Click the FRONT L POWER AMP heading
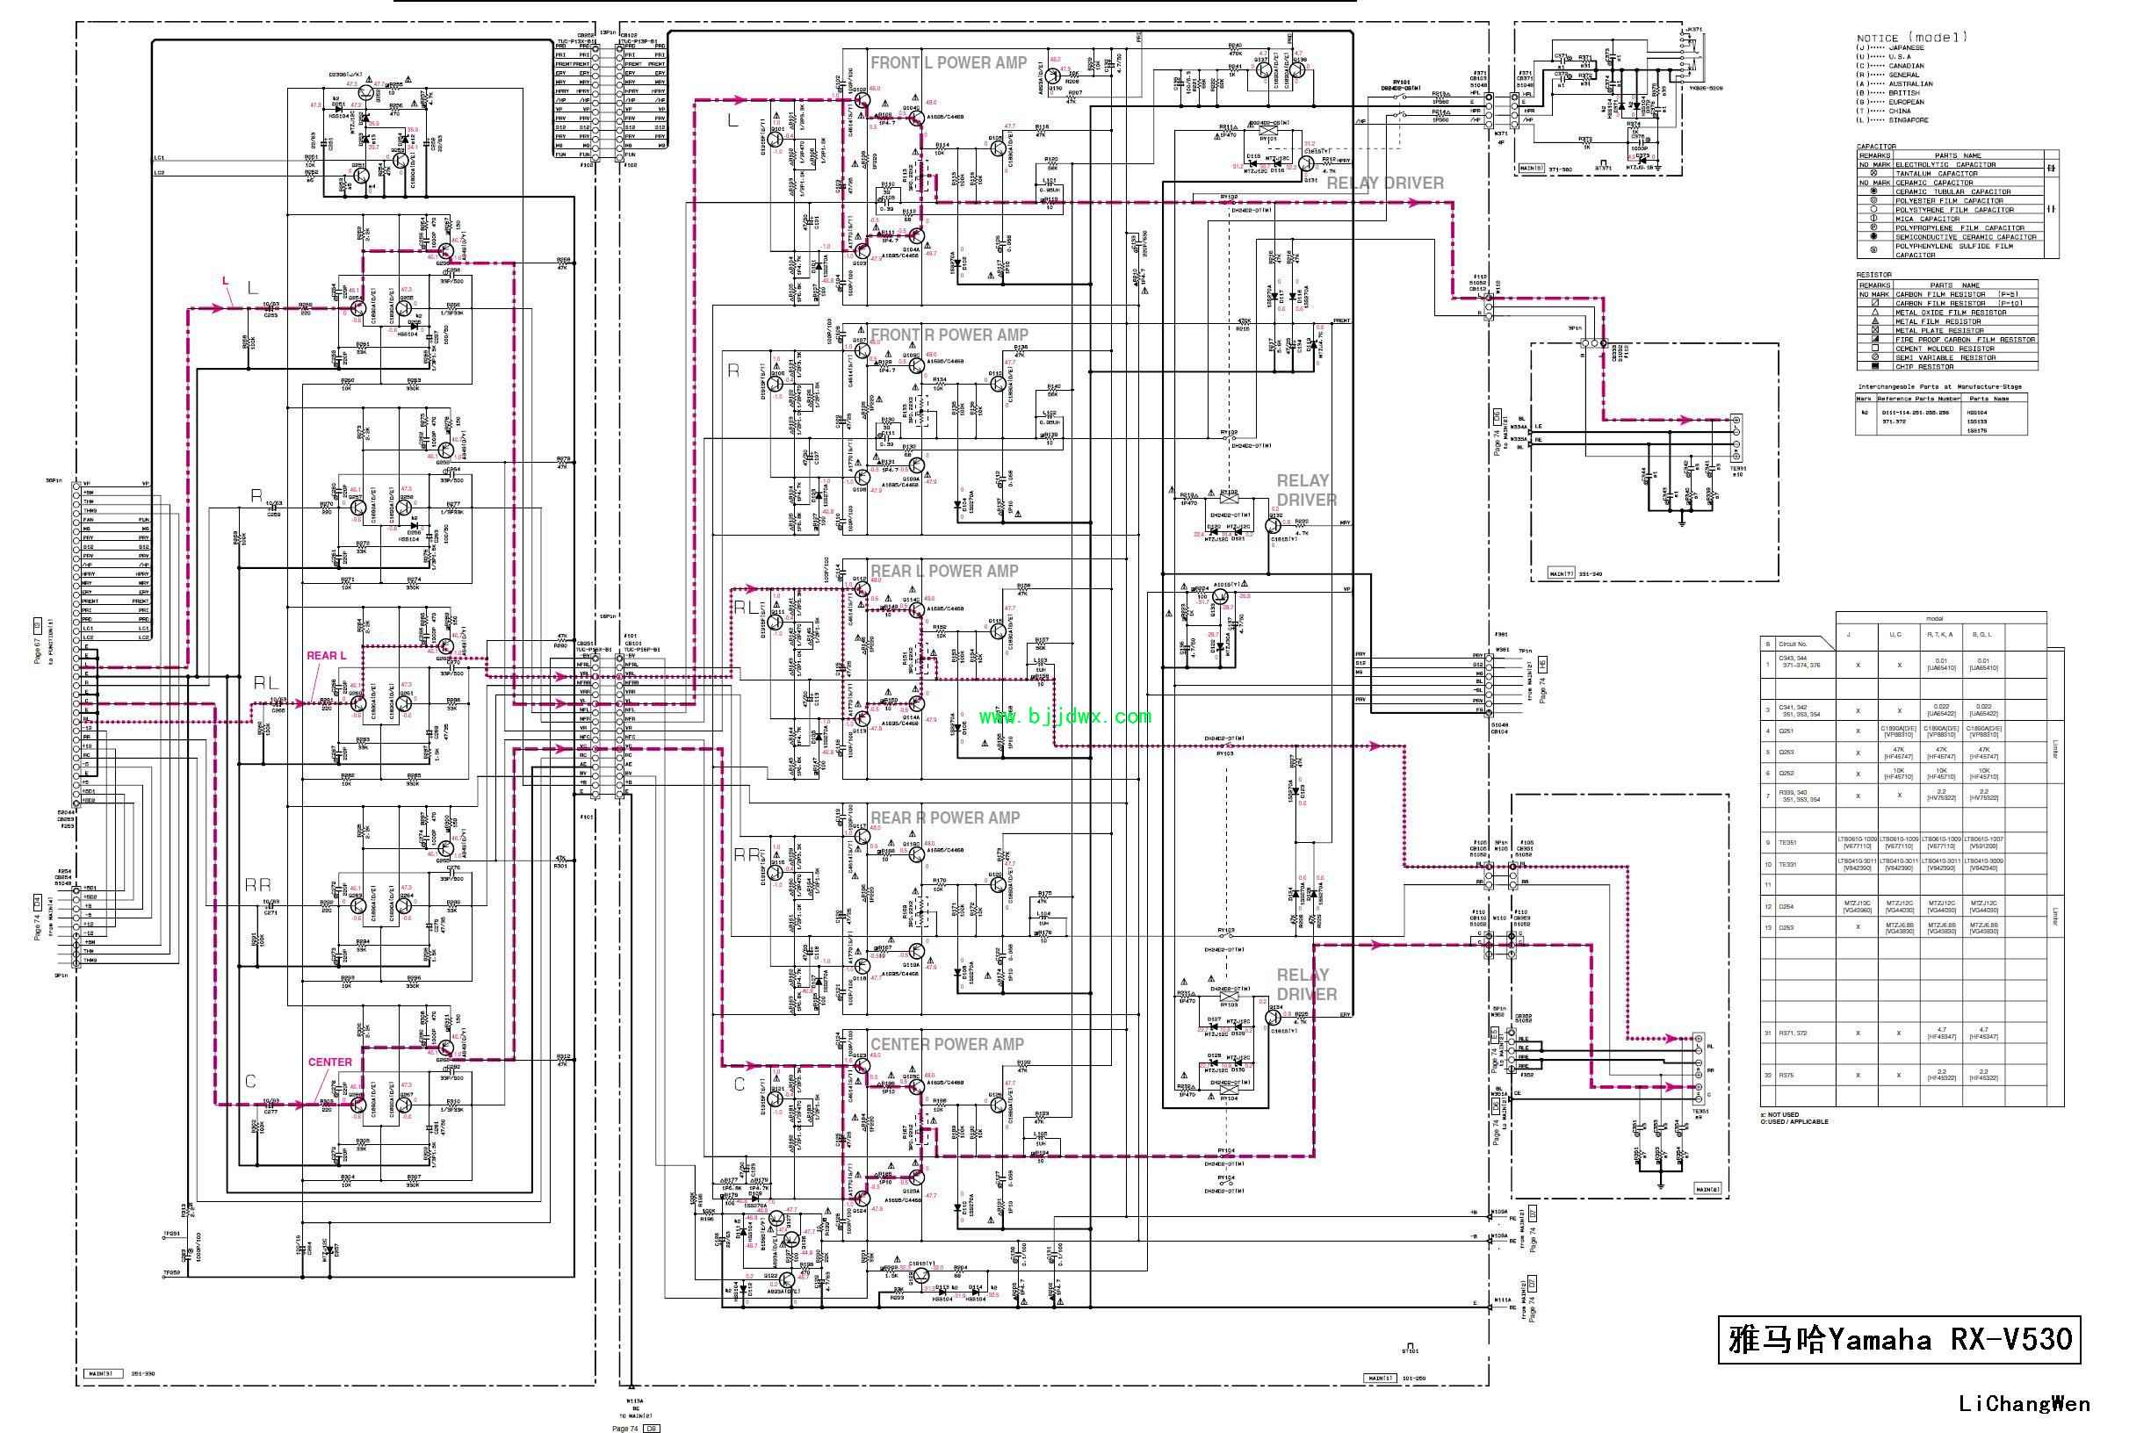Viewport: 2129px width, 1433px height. pos(949,63)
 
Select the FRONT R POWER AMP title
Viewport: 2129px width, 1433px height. pos(949,335)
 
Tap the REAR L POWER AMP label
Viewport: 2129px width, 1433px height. pos(944,572)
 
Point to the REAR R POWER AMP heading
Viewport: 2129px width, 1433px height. pos(945,818)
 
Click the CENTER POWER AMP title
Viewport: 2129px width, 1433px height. pos(947,1045)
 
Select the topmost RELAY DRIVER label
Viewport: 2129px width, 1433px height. pos(1385,184)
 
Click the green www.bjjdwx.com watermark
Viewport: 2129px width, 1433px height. pos(1065,716)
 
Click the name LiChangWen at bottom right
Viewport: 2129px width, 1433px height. pos(2024,1404)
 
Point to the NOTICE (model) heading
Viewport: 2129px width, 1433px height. pos(1911,38)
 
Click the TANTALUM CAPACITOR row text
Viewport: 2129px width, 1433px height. pos(1936,174)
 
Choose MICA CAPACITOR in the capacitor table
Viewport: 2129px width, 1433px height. pos(1927,220)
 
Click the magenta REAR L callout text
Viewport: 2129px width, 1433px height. pos(327,656)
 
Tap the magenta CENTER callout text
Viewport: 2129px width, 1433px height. pos(330,1062)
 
